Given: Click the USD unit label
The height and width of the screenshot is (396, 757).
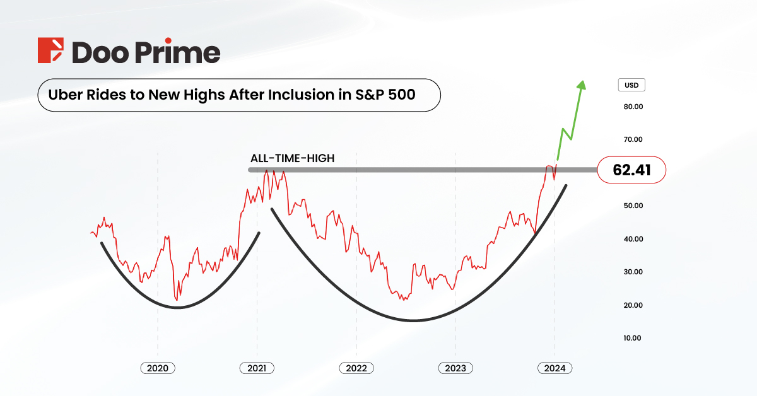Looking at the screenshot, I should click(x=631, y=85).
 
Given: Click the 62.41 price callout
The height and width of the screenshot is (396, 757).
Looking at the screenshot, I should click(x=631, y=170).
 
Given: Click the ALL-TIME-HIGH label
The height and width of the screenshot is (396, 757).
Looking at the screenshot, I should click(x=292, y=159).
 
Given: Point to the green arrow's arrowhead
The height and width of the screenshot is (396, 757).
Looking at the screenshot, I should click(x=582, y=84).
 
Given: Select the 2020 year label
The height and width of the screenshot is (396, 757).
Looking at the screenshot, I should click(x=158, y=368).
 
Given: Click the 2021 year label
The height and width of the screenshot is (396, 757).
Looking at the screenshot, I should click(x=257, y=368).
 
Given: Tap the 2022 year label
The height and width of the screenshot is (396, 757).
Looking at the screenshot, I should click(x=356, y=368).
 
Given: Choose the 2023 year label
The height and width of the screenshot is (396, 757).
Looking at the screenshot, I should click(x=455, y=368).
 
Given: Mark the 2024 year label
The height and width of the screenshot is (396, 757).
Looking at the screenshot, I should click(x=555, y=368).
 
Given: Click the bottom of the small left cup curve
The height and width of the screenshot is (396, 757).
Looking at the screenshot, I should click(x=178, y=307).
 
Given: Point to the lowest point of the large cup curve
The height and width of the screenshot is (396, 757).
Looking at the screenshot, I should click(x=413, y=320).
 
